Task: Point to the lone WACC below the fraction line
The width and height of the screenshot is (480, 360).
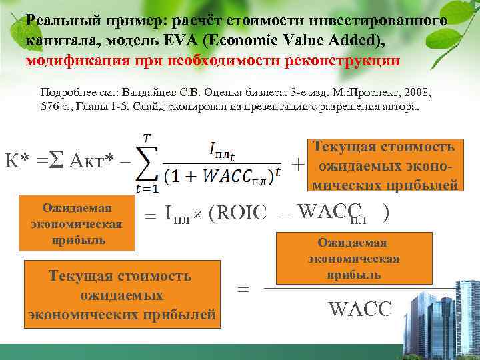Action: [x=360, y=309]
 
